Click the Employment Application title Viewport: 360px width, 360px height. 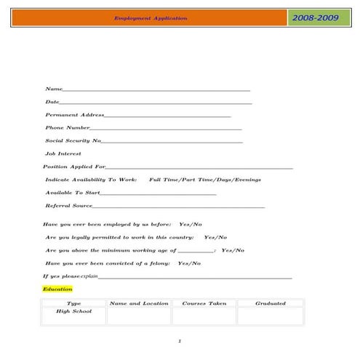click(x=151, y=18)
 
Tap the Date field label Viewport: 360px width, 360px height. click(x=52, y=102)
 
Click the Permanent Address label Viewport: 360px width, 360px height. click(x=75, y=115)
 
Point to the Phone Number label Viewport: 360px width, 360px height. click(x=68, y=127)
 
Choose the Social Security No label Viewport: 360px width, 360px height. click(x=73, y=140)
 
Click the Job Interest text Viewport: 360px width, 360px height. click(x=63, y=153)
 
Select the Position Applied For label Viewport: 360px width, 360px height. click(x=74, y=167)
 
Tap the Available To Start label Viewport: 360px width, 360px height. click(x=72, y=192)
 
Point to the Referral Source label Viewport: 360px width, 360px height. click(x=68, y=206)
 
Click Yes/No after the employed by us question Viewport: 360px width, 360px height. click(x=191, y=224)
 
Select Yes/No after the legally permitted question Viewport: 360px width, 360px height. click(x=215, y=237)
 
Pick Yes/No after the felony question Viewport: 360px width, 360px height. click(x=190, y=263)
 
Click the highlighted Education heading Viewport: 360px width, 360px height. click(x=57, y=289)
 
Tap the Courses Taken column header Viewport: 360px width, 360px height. click(x=204, y=303)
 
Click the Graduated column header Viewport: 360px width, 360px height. click(x=270, y=303)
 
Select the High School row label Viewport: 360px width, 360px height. click(x=73, y=311)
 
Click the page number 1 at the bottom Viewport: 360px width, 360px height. click(x=180, y=340)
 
